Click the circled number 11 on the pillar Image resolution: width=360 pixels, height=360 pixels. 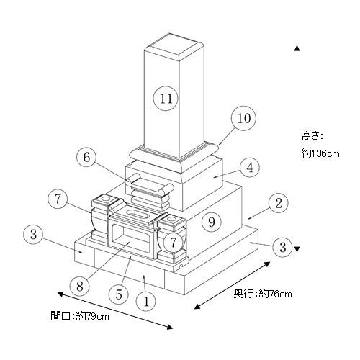[166, 98]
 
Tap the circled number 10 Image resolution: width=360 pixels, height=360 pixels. [243, 118]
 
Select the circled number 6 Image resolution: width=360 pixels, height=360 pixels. [86, 157]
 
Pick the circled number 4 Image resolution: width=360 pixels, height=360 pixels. [250, 168]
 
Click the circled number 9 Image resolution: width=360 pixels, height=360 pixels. [212, 222]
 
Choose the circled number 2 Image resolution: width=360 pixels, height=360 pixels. [279, 203]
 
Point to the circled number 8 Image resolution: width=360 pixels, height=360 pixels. [80, 286]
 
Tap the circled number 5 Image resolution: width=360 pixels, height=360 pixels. [119, 294]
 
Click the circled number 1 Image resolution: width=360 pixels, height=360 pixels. [146, 302]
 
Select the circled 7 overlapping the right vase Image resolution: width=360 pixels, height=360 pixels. [174, 243]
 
